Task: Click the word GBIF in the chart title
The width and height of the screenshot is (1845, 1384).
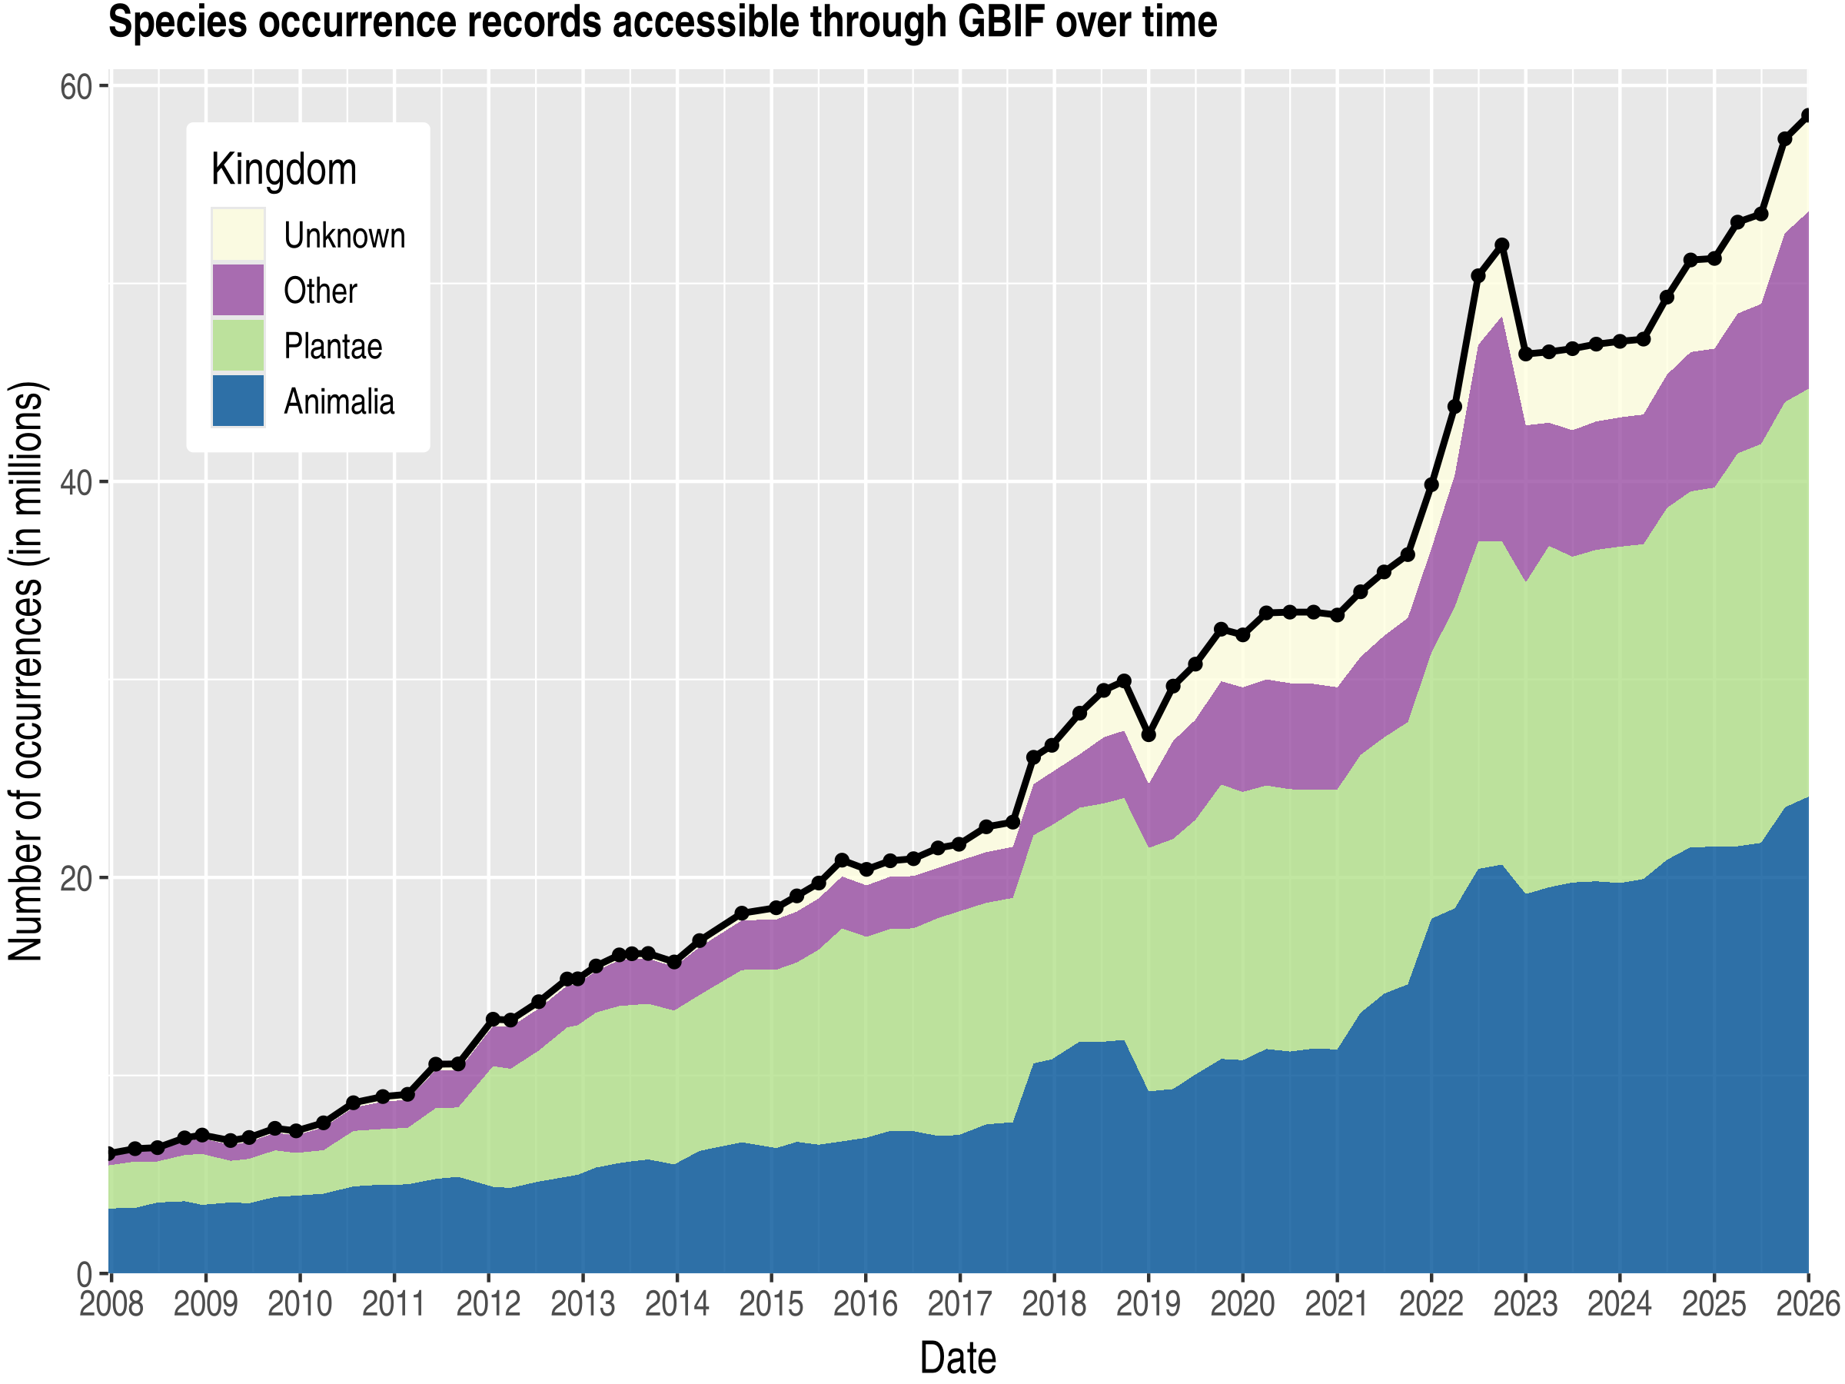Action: (x=1002, y=22)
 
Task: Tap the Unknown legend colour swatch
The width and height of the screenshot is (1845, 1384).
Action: (x=238, y=235)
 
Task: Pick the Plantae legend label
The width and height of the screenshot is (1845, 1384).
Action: (x=332, y=346)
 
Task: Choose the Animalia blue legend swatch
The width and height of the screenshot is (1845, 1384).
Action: (x=238, y=401)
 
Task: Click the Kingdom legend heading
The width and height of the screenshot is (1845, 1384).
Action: (x=284, y=169)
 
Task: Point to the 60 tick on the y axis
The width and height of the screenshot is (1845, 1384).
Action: (x=75, y=86)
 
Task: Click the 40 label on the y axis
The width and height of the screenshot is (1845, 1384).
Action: (x=75, y=482)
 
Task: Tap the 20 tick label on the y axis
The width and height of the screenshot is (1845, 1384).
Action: (x=75, y=878)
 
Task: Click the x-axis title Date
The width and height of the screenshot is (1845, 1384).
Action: (x=958, y=1358)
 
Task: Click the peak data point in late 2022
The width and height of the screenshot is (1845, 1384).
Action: (x=1501, y=245)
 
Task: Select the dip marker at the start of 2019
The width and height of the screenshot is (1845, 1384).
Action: (x=1149, y=735)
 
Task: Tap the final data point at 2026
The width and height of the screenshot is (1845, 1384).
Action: (x=1807, y=115)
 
